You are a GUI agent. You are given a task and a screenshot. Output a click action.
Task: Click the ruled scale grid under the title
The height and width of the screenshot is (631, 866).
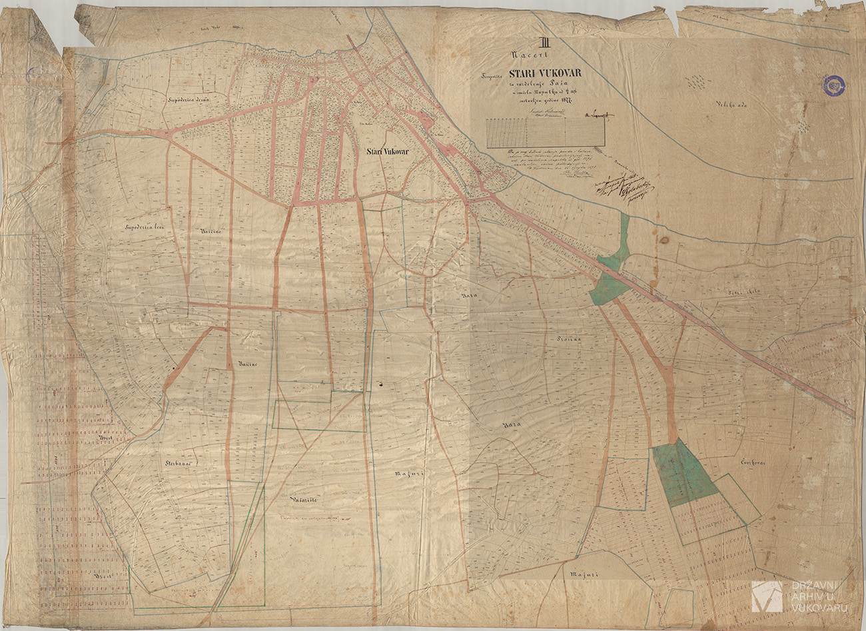coord(546,133)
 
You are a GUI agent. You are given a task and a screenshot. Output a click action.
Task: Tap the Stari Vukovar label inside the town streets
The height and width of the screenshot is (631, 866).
coord(386,153)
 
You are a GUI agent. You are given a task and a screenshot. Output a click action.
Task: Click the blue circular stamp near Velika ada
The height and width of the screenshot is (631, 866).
coord(833,85)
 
